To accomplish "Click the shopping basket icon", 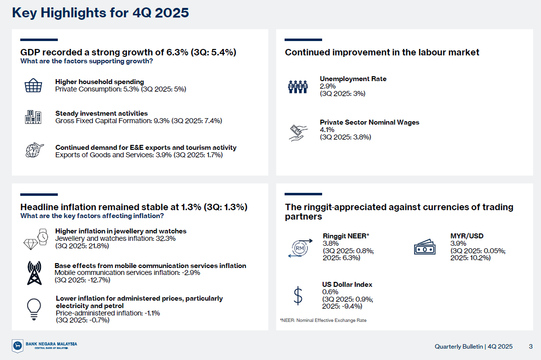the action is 34,86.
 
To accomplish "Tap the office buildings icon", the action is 33,117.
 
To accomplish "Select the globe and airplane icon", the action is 35,150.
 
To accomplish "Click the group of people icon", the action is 298,87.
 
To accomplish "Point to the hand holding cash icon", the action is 298,133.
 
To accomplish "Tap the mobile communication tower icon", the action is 34,273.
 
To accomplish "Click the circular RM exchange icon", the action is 300,248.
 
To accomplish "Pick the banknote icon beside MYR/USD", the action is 425,247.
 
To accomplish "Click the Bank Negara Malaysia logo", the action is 44,346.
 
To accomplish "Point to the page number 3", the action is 531,347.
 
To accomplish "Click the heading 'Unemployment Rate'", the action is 353,79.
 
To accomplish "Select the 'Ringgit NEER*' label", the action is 346,236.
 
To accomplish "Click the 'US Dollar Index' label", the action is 347,284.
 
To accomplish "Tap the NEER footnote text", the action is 323,320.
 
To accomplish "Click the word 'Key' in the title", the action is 25,13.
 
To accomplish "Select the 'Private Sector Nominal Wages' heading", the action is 370,122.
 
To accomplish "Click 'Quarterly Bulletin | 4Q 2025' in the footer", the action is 473,347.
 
